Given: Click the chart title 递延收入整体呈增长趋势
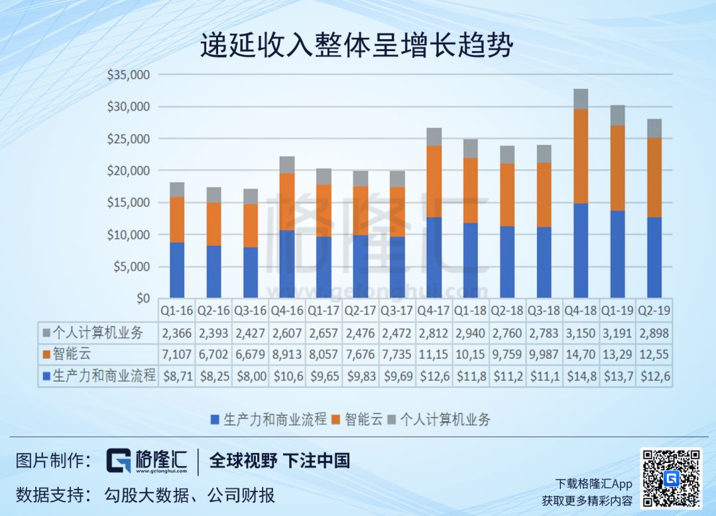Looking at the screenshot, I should (357, 46).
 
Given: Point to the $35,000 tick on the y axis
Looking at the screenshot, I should (129, 75).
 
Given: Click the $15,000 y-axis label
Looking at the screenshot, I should (129, 202).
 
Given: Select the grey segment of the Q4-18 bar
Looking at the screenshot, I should (580, 99).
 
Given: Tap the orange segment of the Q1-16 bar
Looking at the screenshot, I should (177, 220).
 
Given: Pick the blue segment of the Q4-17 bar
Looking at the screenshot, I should (434, 257).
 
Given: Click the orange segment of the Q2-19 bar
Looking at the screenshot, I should (654, 177).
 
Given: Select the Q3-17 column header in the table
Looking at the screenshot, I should (397, 310).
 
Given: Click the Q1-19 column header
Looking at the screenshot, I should (617, 310).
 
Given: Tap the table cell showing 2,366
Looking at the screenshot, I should (177, 333).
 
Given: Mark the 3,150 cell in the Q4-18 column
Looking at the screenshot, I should (580, 333).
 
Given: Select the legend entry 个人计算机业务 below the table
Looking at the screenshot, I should (444, 419).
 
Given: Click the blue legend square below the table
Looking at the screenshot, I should (215, 419).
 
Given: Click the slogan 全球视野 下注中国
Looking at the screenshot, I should (280, 460).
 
